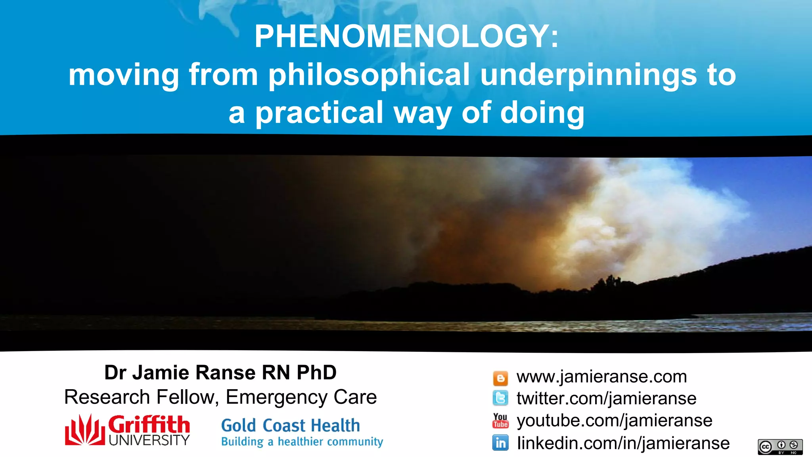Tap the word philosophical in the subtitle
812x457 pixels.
pos(369,75)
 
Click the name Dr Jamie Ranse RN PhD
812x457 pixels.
pos(220,373)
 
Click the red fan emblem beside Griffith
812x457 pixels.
pos(85,430)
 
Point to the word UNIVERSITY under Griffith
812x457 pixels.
pos(149,440)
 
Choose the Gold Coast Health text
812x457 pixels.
pos(290,426)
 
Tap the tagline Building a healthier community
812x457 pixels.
pos(302,442)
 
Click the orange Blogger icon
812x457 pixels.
pos(500,378)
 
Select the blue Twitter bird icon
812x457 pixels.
pos(500,398)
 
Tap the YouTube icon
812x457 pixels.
pos(500,421)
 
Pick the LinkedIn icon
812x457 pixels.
pos(500,443)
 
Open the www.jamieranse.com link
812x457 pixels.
pos(601,376)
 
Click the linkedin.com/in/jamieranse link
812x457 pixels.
pos(623,443)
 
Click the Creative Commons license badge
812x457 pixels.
pos(780,447)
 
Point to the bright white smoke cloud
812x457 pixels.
pos(650,210)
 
